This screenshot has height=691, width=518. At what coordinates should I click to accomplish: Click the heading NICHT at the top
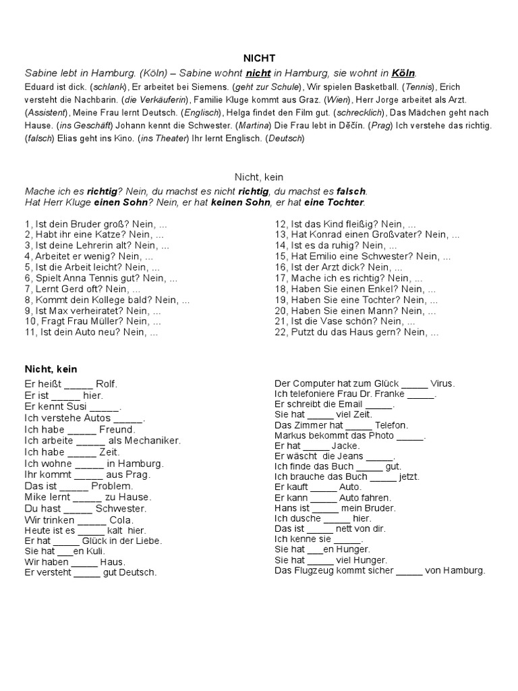[x=259, y=59]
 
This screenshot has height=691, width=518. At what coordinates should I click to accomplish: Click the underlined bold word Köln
[x=403, y=73]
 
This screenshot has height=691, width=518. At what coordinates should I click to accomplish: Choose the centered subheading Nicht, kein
[x=258, y=176]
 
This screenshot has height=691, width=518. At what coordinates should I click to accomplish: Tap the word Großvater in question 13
[x=399, y=234]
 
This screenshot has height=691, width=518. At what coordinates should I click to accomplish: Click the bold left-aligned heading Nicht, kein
[x=51, y=369]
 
